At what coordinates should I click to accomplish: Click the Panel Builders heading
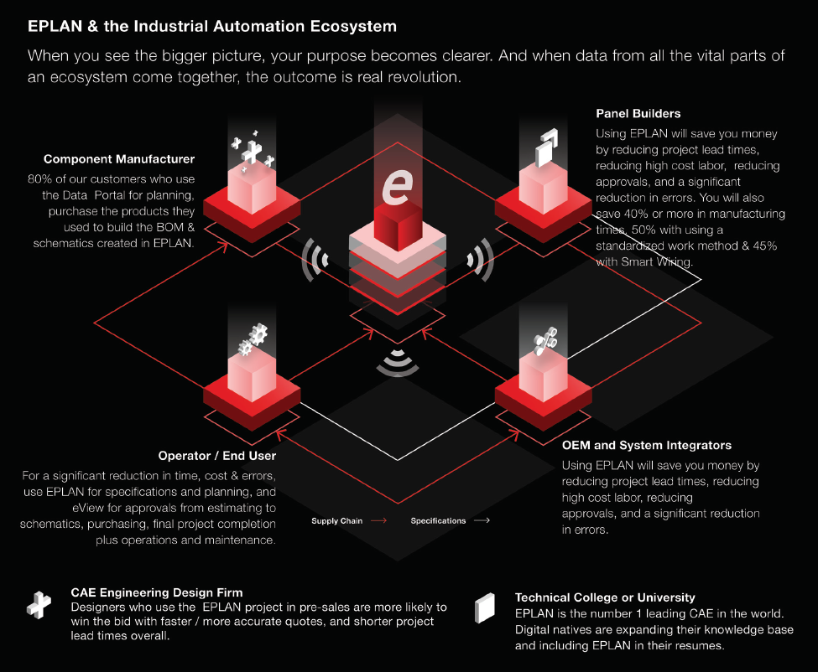point(638,113)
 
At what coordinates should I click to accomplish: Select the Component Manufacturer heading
point(119,158)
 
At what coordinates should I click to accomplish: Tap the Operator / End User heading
point(216,456)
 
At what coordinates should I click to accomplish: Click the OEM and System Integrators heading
point(646,445)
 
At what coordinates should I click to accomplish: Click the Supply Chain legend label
point(337,521)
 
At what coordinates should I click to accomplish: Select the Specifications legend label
point(438,521)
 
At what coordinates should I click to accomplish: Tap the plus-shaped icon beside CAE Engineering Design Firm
point(38,605)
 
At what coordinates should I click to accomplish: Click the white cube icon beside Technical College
point(485,607)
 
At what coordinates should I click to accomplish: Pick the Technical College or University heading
point(605,597)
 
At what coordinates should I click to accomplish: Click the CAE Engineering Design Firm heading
point(157,592)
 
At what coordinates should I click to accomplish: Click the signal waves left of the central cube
point(313,259)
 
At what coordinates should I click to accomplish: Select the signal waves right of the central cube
point(483,259)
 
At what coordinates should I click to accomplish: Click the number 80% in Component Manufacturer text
point(39,178)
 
